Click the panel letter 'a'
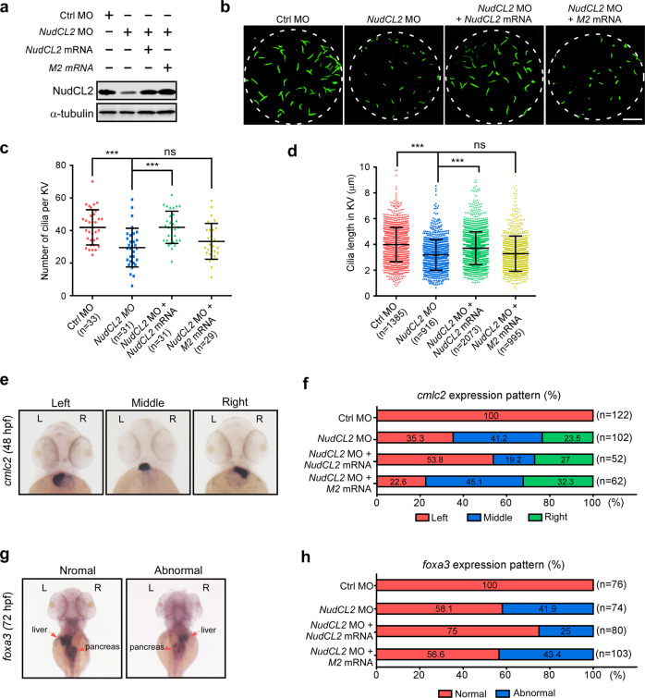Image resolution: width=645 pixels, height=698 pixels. click(x=6, y=8)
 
